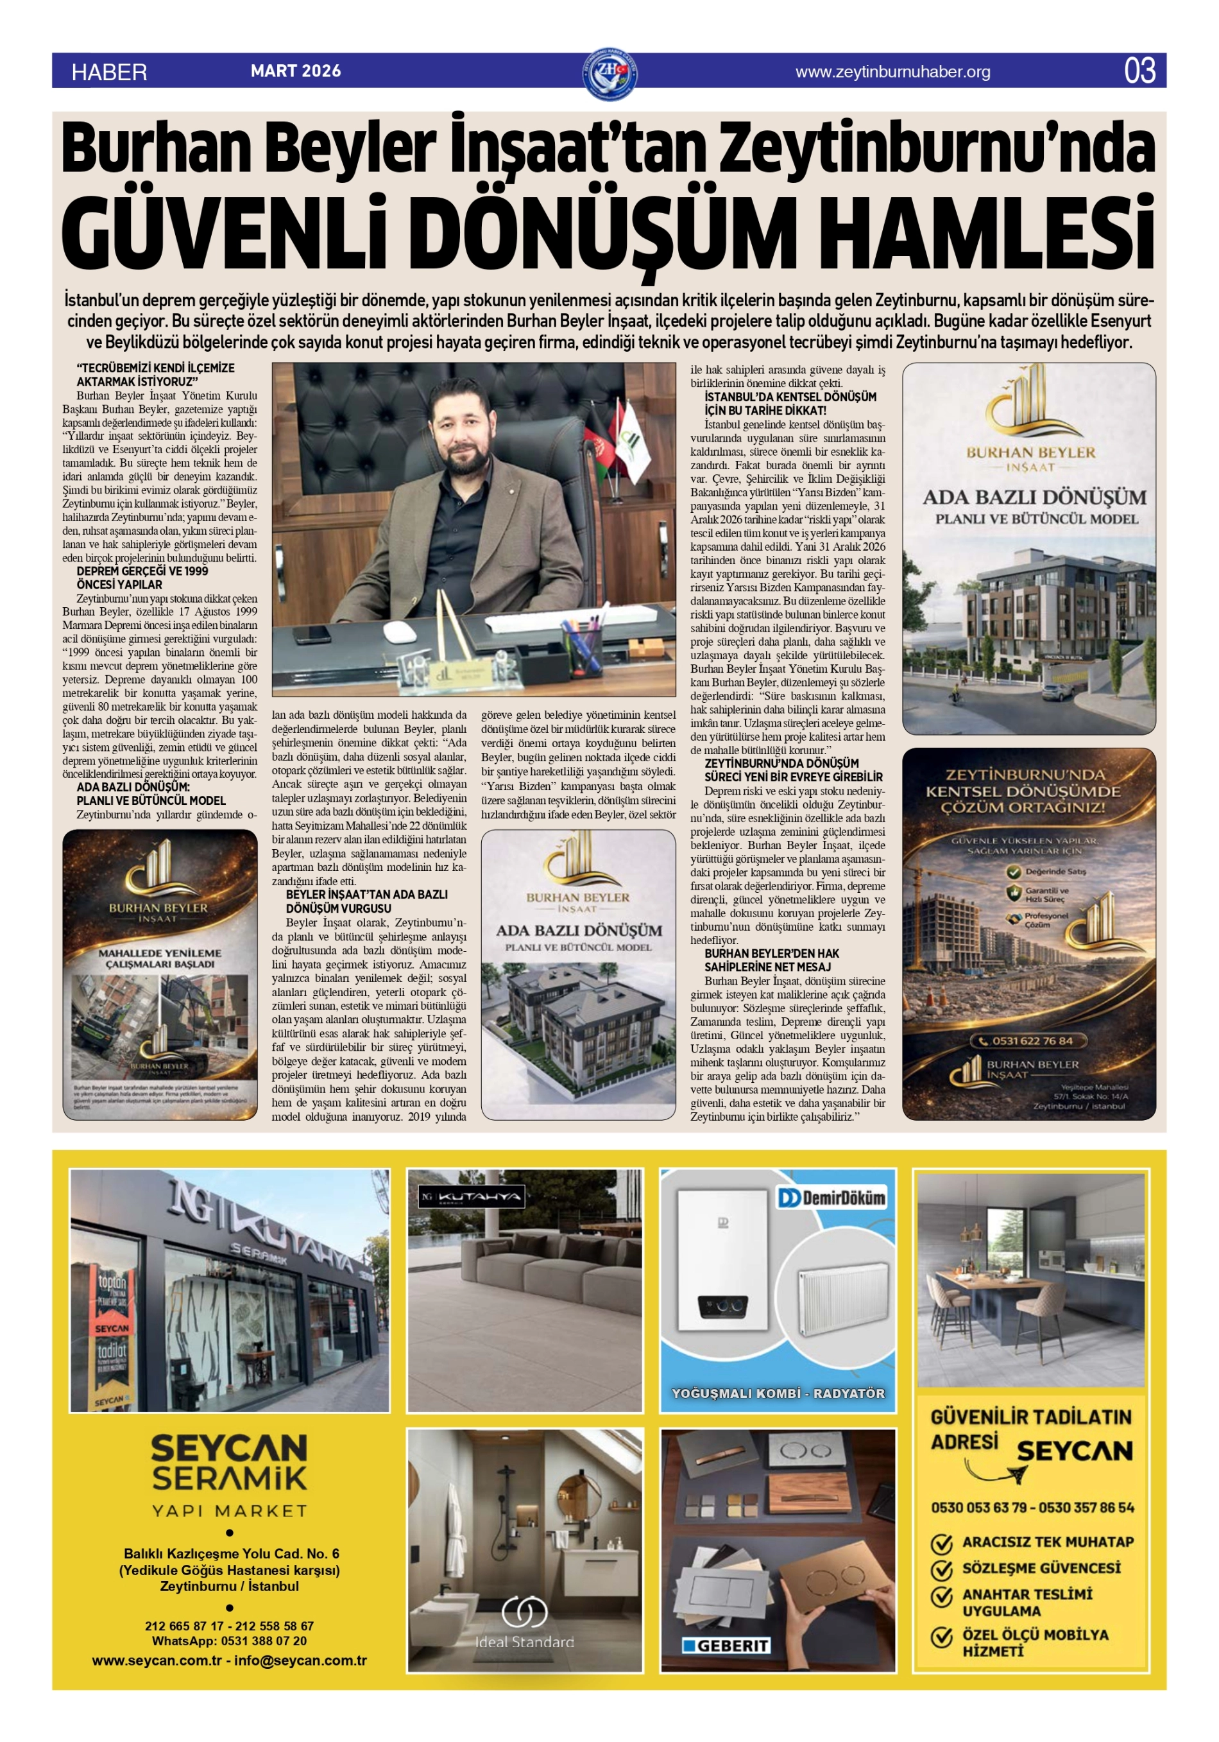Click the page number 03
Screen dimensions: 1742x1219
[x=1139, y=71]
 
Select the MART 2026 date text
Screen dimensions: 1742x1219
[x=296, y=71]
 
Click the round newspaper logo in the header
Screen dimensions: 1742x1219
[x=611, y=74]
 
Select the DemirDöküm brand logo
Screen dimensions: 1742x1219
[x=831, y=1198]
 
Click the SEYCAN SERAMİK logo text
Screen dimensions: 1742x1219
[x=229, y=1463]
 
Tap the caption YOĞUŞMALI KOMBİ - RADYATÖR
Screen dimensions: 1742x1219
[x=778, y=1393]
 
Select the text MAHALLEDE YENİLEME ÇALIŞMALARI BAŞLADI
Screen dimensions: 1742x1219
[x=160, y=958]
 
